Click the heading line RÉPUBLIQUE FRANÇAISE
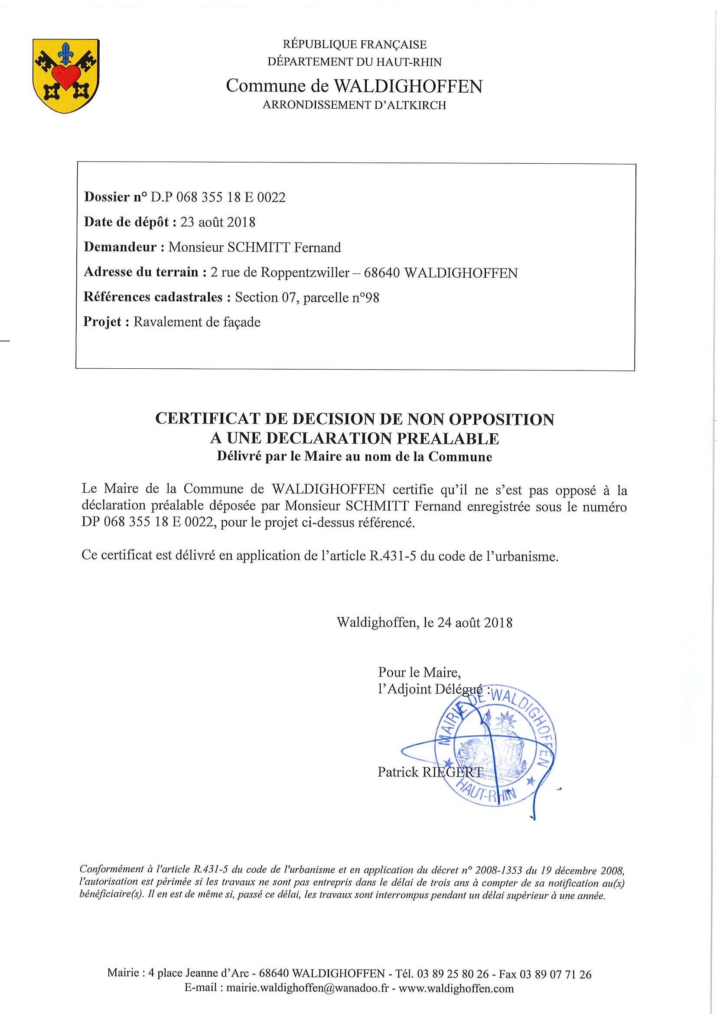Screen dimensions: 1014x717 tap(354, 45)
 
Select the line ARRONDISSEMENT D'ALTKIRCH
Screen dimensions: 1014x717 tap(354, 106)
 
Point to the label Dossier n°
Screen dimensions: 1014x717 tap(115, 197)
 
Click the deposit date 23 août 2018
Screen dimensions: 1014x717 tap(218, 222)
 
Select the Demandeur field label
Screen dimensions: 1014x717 tap(120, 247)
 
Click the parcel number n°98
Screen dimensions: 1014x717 tap(365, 298)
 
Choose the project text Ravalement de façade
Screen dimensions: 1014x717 tap(197, 322)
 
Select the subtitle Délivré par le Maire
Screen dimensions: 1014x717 tap(354, 457)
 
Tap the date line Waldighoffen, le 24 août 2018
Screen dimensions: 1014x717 tap(424, 623)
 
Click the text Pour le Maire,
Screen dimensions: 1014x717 tap(419, 673)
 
